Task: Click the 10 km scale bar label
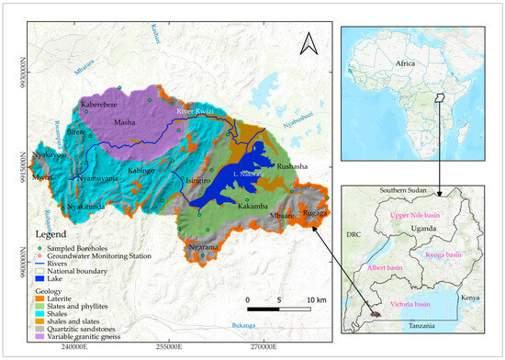pos(317,300)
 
